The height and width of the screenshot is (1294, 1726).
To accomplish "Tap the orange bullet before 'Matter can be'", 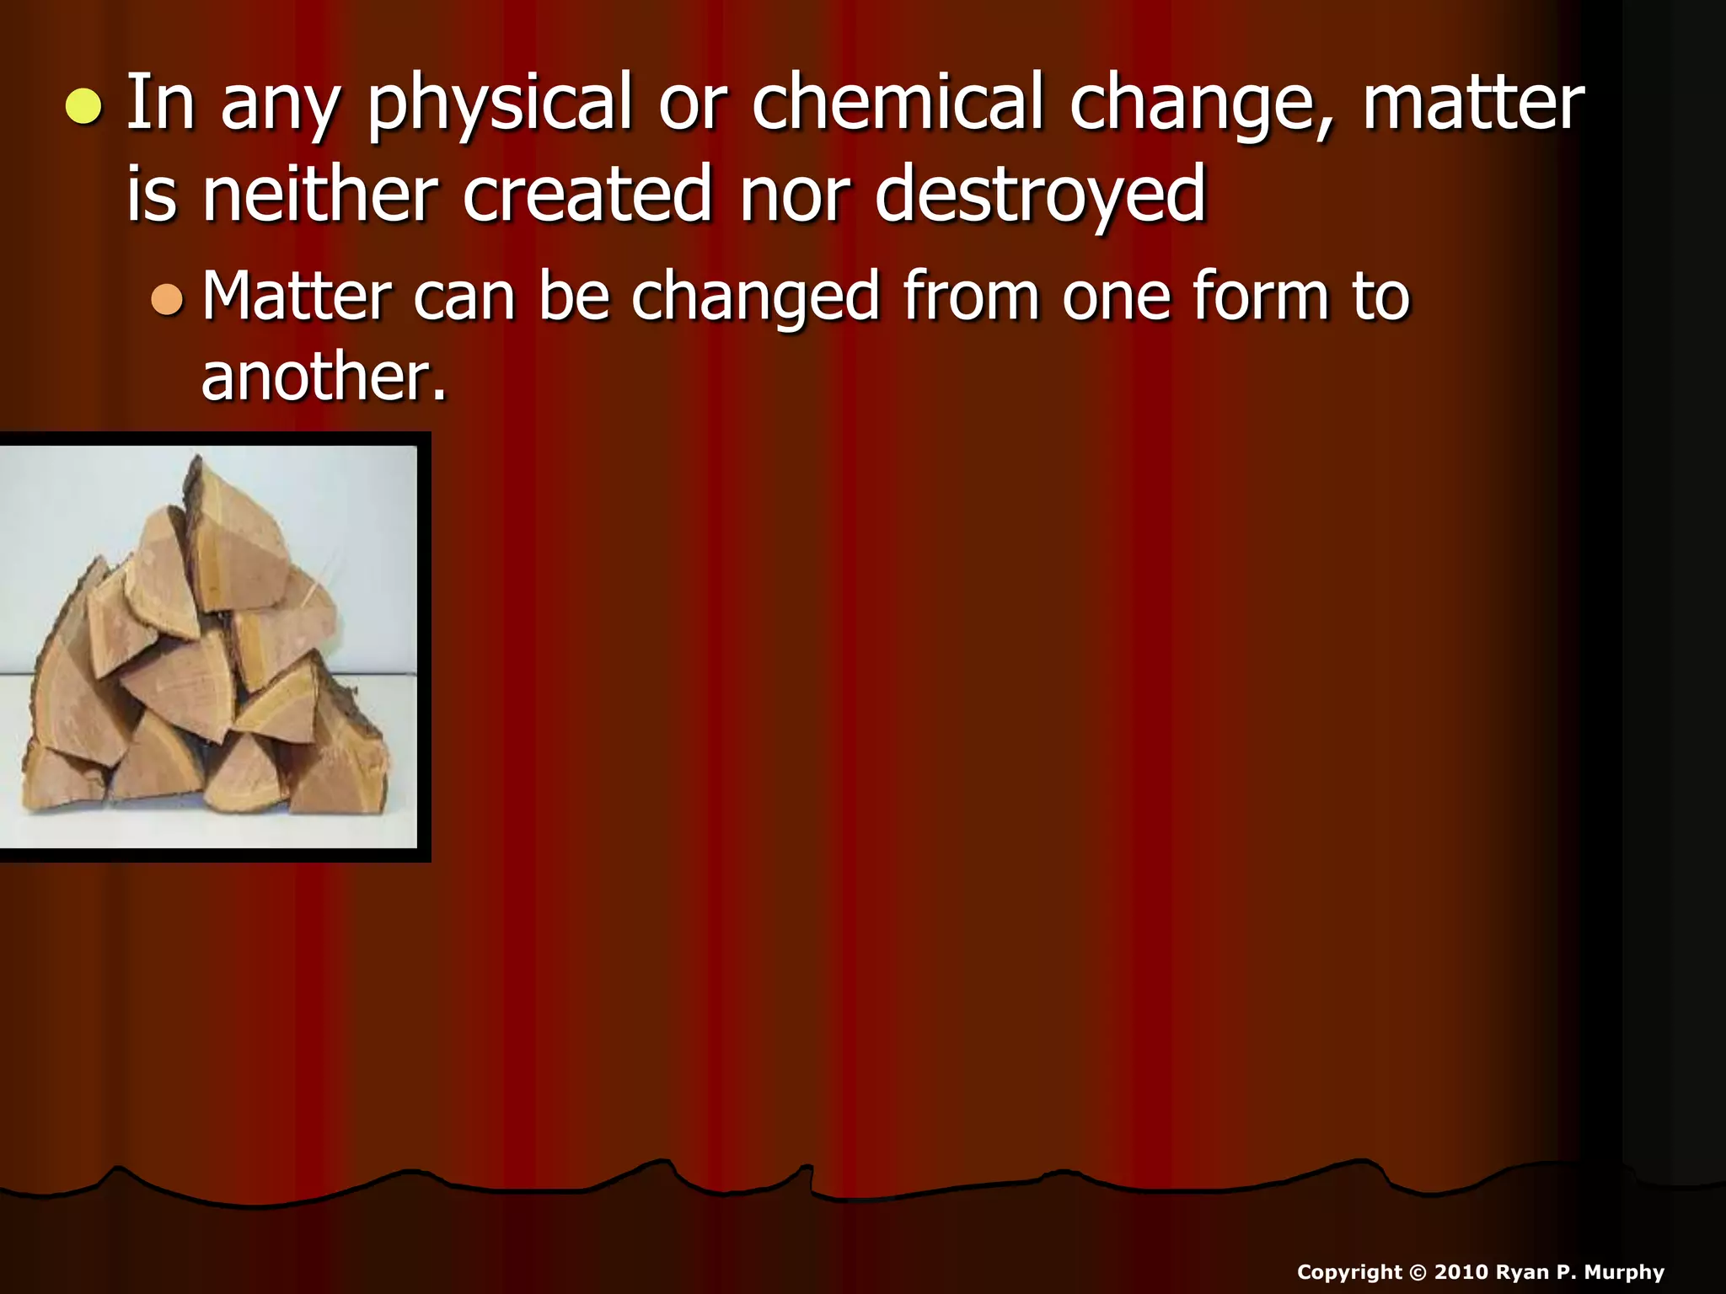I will click(167, 299).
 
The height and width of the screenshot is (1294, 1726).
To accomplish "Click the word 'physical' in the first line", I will click(499, 104).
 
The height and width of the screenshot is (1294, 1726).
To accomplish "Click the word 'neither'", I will click(319, 195).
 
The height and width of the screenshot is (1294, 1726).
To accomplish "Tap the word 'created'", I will click(587, 195).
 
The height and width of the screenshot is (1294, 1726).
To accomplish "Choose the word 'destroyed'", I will click(1040, 196).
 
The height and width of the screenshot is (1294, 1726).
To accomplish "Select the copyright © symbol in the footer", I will click(1418, 1272).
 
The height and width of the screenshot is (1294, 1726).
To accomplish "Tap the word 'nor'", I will click(794, 196).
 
